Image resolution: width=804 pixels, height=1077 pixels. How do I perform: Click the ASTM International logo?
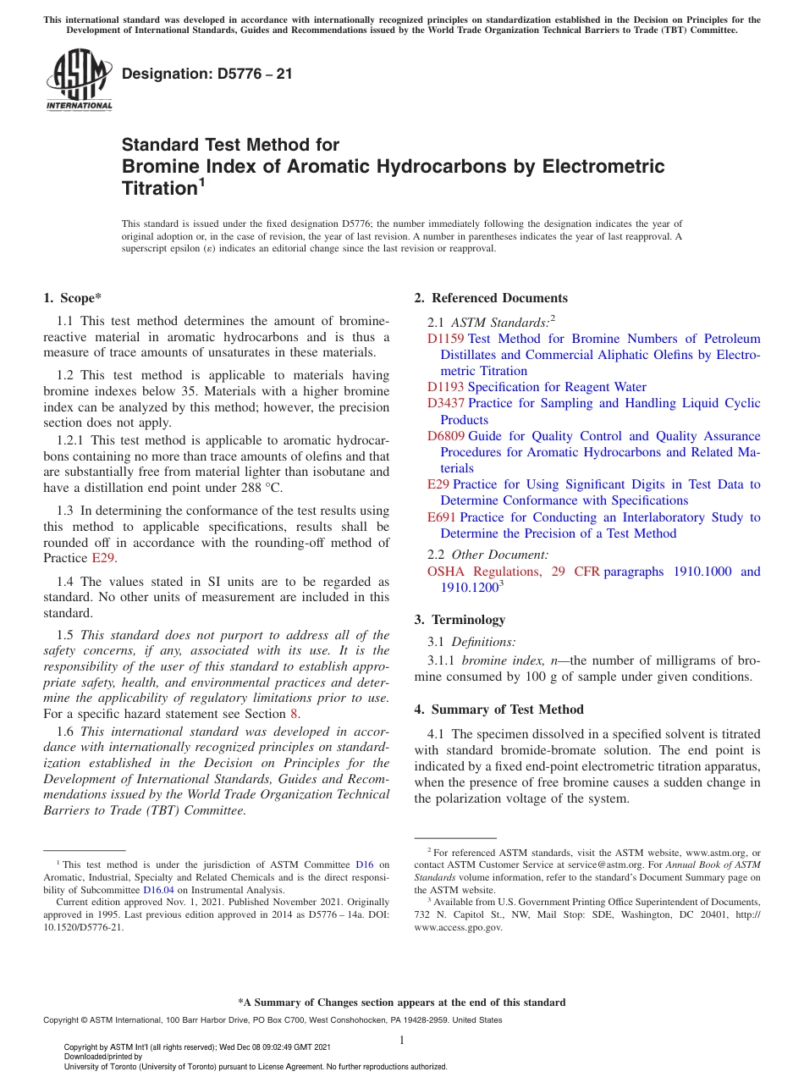coord(78,80)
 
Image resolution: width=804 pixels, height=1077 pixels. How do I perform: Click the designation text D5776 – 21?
coord(207,74)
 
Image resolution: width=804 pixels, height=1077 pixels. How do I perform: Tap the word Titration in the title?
coord(159,188)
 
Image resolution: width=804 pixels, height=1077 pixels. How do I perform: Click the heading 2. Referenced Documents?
coord(491,298)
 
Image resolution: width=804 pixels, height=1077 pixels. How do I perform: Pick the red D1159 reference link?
coord(445,339)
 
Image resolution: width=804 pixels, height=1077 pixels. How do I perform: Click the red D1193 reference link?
coord(445,387)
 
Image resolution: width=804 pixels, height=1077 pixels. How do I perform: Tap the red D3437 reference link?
coord(445,403)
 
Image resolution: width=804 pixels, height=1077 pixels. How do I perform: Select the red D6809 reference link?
coord(445,436)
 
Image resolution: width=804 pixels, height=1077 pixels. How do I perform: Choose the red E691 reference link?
coord(442,517)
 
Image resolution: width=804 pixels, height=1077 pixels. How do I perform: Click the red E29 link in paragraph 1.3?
coord(102,559)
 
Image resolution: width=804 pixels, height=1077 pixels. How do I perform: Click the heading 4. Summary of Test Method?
coord(498,710)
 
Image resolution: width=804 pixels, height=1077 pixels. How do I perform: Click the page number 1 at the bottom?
coord(402,1040)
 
